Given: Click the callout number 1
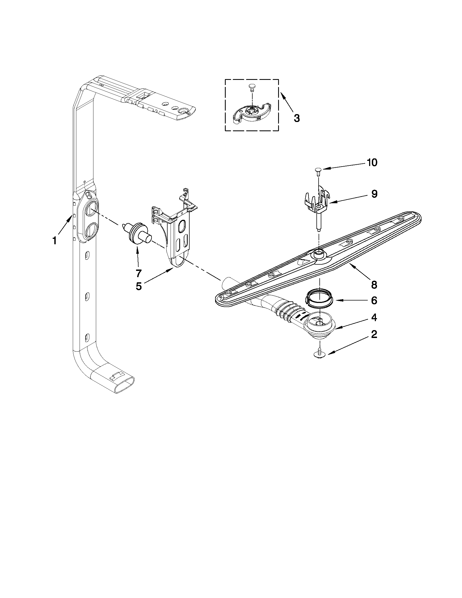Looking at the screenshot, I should pyautogui.click(x=55, y=241).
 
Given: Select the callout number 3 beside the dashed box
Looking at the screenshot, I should pyautogui.click(x=296, y=118).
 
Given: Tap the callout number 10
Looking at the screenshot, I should pyautogui.click(x=372, y=162).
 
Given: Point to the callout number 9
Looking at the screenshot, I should pyautogui.click(x=374, y=194).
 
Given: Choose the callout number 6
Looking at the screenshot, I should pyautogui.click(x=374, y=300).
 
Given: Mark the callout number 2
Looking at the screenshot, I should pyautogui.click(x=374, y=334).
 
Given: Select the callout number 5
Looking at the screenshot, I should pyautogui.click(x=139, y=286).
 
